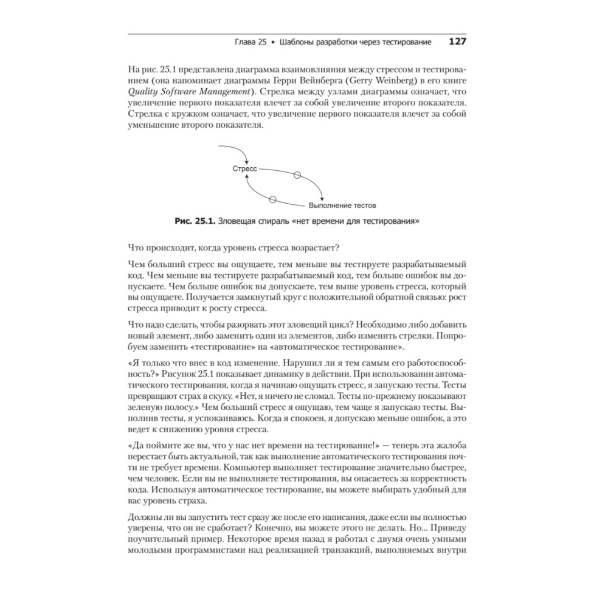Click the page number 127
pos(457,42)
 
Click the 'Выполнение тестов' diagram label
pos(342,206)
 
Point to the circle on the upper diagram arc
pos(297,175)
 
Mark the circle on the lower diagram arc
pos(272,199)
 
